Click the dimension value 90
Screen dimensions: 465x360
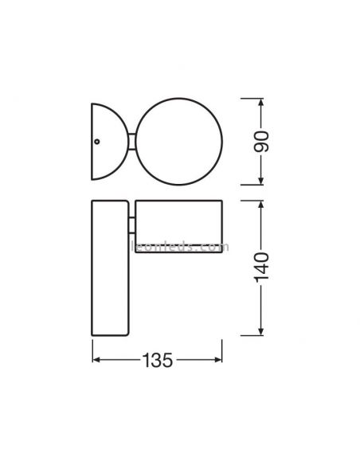[264, 142]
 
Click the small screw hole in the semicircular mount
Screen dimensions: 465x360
[96, 141]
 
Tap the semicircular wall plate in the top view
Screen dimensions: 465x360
[106, 141]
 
